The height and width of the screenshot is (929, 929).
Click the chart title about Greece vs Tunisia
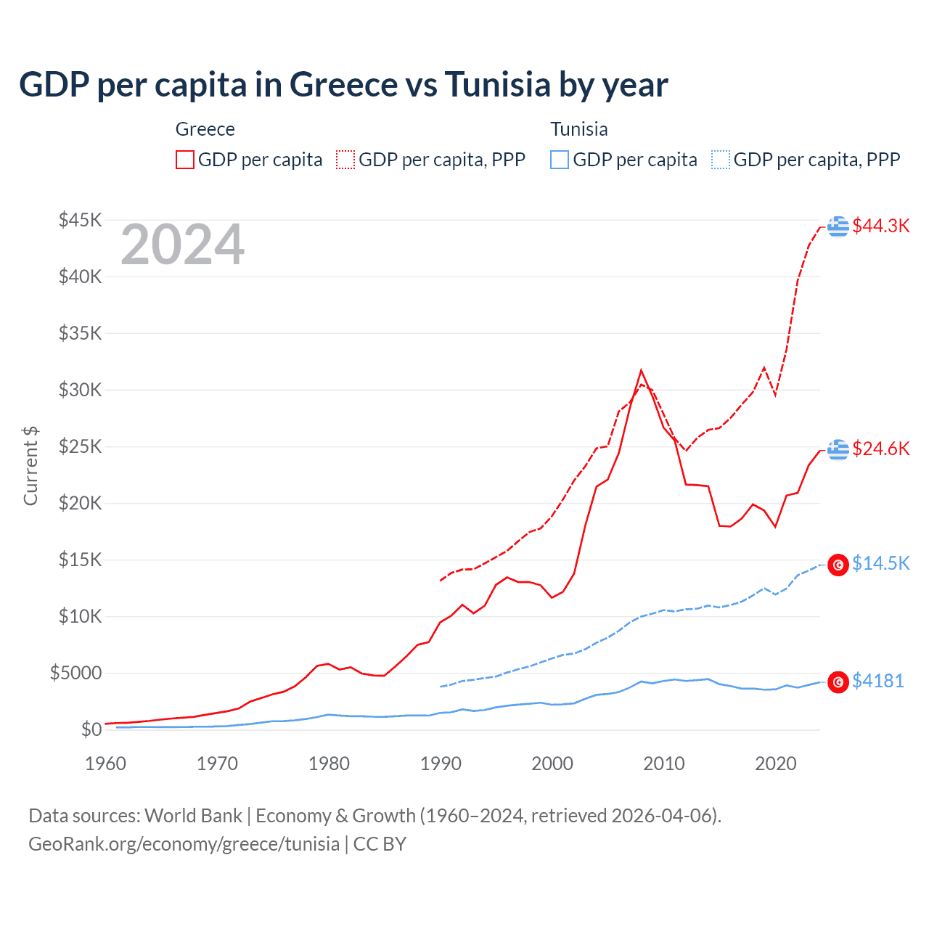pos(343,85)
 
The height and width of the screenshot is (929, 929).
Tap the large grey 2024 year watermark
pos(182,245)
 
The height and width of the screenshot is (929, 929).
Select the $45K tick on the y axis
pos(80,220)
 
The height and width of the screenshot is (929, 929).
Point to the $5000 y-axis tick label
pos(75,673)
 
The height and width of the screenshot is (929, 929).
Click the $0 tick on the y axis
pos(91,729)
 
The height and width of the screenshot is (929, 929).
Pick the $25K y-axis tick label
pos(80,446)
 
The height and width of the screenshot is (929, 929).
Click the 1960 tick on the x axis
pos(106,764)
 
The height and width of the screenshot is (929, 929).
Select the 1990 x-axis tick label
pos(441,764)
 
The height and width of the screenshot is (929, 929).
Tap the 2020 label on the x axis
pos(776,764)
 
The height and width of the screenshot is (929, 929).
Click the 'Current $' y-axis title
pos(30,466)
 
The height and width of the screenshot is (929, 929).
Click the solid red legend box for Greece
pos(185,160)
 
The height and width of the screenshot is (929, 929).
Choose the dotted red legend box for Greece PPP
pos(345,160)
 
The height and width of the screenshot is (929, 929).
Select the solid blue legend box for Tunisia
pos(560,160)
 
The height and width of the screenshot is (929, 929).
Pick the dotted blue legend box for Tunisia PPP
pos(721,160)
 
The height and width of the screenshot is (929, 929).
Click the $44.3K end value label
pos(880,226)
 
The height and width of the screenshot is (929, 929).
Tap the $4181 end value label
pos(877,681)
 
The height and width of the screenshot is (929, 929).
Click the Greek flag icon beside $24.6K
pos(838,449)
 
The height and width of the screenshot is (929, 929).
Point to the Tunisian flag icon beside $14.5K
pos(838,565)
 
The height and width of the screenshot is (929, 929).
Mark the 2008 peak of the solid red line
pos(641,370)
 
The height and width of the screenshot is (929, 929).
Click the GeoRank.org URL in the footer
pos(184,844)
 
